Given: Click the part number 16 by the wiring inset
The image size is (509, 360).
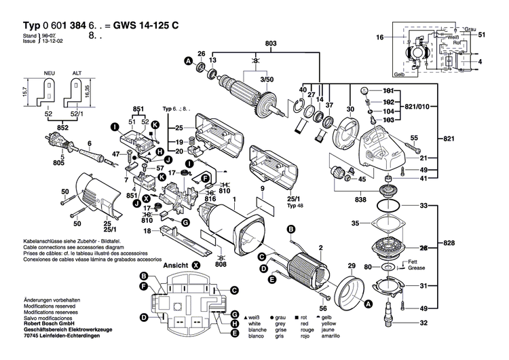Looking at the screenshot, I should (x=380, y=37).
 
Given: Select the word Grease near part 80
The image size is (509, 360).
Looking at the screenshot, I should (x=416, y=268).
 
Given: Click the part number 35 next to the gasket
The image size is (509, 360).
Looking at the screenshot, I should (x=354, y=223).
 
